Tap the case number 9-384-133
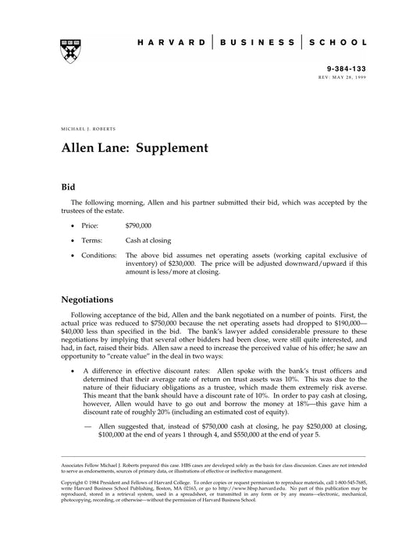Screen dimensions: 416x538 pyautogui.click(x=347, y=69)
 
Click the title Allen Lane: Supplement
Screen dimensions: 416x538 pyautogui.click(x=134, y=147)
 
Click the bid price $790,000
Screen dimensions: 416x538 pyautogui.click(x=138, y=226)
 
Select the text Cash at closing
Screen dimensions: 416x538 pyautogui.click(x=148, y=241)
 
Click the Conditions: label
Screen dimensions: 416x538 pyautogui.click(x=99, y=256)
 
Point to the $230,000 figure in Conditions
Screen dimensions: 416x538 pyautogui.click(x=167, y=264)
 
